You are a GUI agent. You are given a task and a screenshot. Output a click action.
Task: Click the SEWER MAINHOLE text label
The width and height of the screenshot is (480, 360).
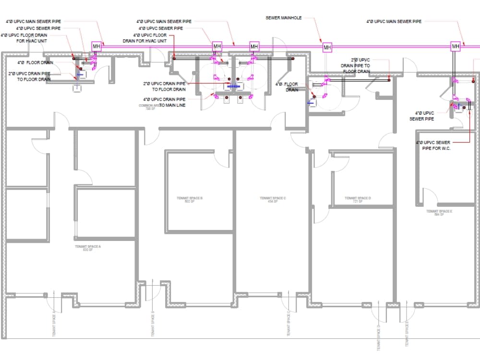[x=284, y=18]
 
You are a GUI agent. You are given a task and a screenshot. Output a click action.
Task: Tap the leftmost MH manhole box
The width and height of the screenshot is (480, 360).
[x=96, y=47]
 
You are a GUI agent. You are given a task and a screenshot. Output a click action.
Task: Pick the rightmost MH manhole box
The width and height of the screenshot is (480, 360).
[x=455, y=47]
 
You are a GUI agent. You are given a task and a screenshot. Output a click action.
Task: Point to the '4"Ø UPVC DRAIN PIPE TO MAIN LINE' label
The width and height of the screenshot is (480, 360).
[x=164, y=102]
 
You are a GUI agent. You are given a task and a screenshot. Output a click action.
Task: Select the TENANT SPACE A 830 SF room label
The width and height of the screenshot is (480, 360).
[x=88, y=248]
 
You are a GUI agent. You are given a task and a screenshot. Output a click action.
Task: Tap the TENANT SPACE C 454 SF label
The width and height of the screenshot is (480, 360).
[x=273, y=199]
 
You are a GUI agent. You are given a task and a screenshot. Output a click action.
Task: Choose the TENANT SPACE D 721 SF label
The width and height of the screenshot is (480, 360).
[x=358, y=199]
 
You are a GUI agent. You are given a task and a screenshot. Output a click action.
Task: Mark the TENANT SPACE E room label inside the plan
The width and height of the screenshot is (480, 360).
[x=439, y=212]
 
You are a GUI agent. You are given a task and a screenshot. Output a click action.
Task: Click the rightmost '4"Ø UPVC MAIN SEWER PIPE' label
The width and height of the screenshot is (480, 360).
[x=394, y=22]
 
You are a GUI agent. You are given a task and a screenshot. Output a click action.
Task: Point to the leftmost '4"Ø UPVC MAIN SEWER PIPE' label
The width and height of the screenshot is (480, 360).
[x=33, y=22]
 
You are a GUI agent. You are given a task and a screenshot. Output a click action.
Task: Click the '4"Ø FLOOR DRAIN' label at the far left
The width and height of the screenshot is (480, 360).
[x=35, y=62]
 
